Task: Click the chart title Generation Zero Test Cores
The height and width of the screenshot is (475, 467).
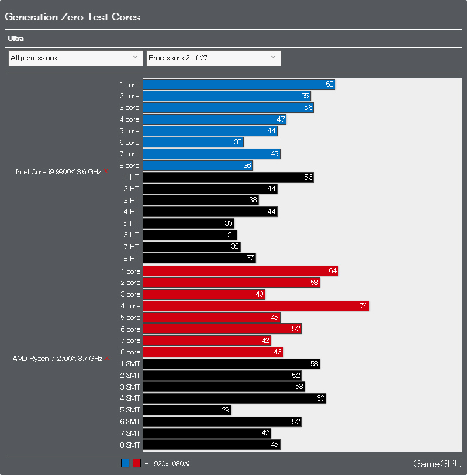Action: [x=72, y=17]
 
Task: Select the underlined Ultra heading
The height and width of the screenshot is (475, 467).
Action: [x=16, y=39]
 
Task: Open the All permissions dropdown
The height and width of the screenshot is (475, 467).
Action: [x=75, y=58]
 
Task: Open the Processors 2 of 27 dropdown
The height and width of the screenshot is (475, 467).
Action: [x=213, y=58]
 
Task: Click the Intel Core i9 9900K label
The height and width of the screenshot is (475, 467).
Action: [x=58, y=172]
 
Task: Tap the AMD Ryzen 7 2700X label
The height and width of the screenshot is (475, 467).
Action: [x=57, y=358]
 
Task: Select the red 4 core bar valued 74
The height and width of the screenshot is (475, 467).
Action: [x=255, y=306]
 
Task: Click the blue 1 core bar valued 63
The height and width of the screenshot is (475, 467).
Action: [x=238, y=85]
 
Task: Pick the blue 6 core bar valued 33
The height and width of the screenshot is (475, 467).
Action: [x=193, y=143]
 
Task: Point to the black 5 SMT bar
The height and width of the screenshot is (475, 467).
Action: [x=186, y=410]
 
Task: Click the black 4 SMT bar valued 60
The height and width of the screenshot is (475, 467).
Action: [x=234, y=398]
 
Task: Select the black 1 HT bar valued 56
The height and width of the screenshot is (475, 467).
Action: [x=228, y=177]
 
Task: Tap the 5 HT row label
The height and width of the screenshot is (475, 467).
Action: [x=131, y=223]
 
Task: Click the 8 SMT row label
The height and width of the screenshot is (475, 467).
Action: [x=130, y=445]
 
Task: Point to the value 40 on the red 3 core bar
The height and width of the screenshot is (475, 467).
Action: [x=260, y=294]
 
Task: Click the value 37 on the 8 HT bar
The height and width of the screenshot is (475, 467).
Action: [x=250, y=258]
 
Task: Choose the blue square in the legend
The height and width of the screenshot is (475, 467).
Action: [x=125, y=464]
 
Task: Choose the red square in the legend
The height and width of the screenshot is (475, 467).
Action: [x=136, y=464]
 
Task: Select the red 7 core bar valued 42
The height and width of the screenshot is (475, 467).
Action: [x=206, y=340]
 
